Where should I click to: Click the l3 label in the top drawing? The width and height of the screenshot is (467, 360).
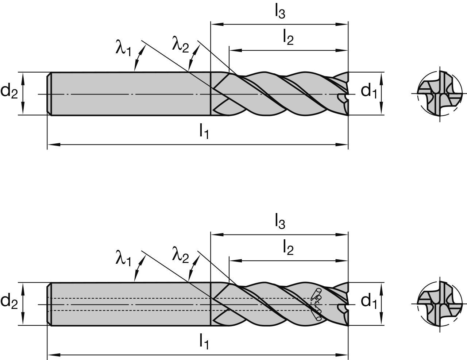tap(280, 12)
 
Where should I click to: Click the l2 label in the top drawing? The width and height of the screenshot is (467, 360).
tap(287, 38)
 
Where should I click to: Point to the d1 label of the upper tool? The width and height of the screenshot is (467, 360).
tap(368, 91)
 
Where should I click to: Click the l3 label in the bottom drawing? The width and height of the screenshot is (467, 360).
tap(280, 222)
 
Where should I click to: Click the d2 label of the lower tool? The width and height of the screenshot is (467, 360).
tap(9, 301)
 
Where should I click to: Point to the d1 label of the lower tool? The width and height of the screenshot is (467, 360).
tap(368, 301)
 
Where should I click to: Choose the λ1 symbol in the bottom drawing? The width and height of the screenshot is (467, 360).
tap(123, 259)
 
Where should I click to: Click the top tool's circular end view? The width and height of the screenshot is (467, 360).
tap(440, 94)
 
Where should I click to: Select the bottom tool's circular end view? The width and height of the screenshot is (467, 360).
tap(440, 303)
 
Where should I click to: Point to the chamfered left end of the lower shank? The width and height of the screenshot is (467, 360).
tap(49, 304)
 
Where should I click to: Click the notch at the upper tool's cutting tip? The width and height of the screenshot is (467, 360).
tap(342, 97)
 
